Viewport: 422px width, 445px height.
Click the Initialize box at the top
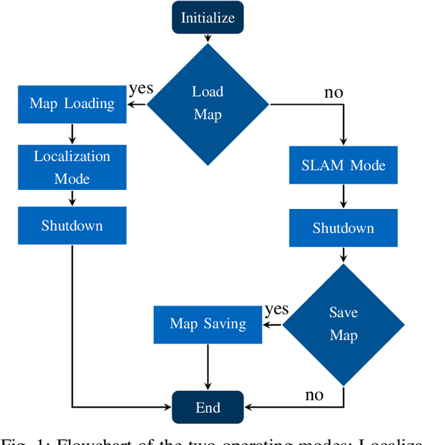tap(208, 17)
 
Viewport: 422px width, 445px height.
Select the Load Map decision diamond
tap(208, 104)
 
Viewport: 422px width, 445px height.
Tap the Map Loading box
tap(72, 104)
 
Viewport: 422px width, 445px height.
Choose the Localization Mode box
tap(72, 167)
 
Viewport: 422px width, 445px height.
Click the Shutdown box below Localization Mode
tap(72, 225)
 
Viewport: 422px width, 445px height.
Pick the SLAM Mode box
tap(343, 164)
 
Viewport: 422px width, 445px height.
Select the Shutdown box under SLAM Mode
tap(343, 228)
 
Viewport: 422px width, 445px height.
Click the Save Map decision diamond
tap(343, 324)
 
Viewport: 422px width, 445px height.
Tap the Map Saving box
tap(208, 324)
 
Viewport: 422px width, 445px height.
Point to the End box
tap(208, 407)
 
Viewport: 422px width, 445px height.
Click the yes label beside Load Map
tap(141, 88)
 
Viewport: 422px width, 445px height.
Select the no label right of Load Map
tap(333, 92)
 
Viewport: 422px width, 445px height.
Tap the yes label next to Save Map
tap(276, 309)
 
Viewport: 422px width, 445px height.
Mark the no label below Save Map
tap(314, 395)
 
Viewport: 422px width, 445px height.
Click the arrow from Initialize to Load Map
tap(208, 38)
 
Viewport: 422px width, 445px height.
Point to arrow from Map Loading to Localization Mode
tap(72, 134)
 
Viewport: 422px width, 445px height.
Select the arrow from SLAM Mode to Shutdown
tap(343, 196)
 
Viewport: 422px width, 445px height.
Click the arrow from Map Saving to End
tap(208, 367)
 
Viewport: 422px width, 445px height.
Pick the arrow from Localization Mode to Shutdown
tap(72, 198)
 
